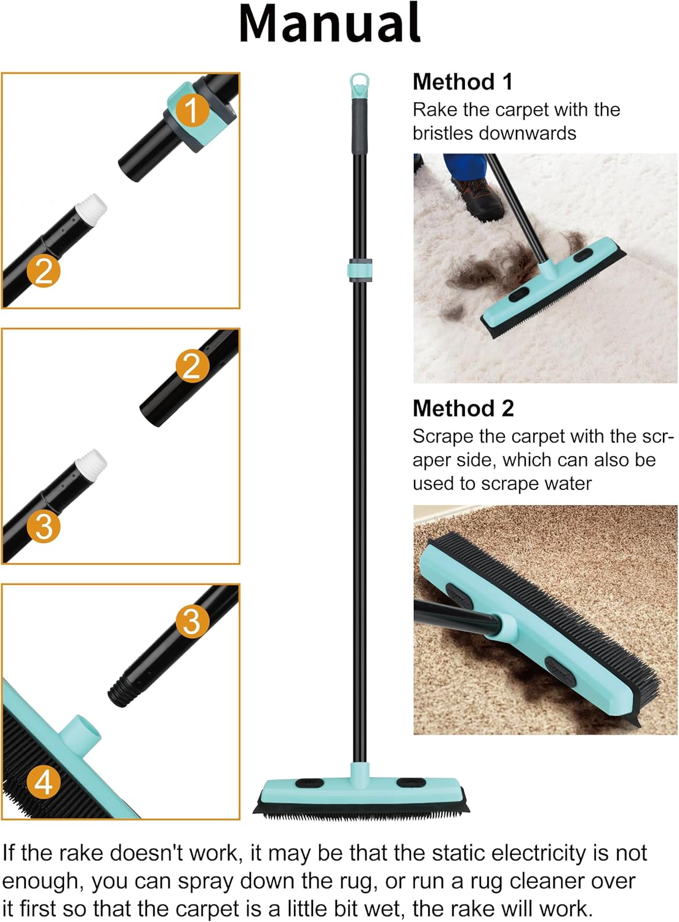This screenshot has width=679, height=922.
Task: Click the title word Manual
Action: [330, 23]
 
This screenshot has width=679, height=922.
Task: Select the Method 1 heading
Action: [462, 82]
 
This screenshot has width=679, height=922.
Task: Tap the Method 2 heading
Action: [463, 408]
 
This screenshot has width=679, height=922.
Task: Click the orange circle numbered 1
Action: [192, 110]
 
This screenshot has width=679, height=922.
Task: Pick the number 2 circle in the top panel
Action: [44, 270]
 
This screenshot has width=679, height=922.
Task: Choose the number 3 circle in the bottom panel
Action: [192, 621]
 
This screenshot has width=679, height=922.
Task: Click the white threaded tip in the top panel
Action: [94, 207]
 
